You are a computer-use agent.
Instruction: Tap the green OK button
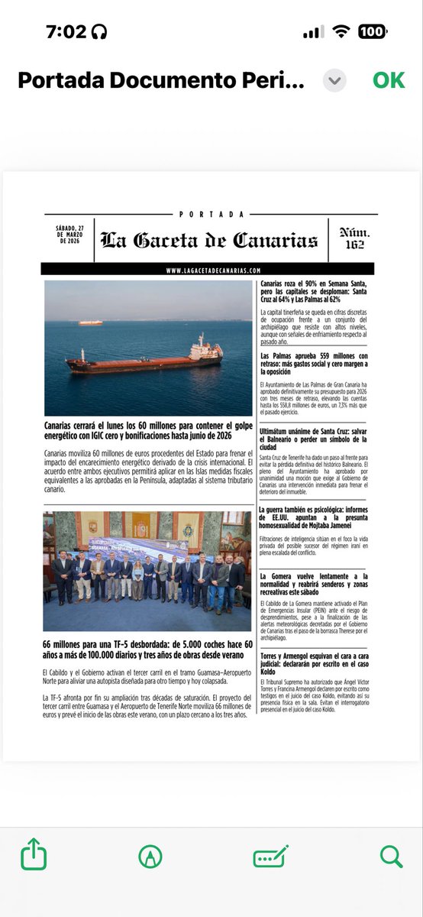click(389, 80)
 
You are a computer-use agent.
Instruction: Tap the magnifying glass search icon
click(391, 855)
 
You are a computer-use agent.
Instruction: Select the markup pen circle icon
click(150, 856)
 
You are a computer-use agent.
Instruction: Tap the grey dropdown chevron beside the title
click(334, 80)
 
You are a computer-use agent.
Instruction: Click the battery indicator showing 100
click(372, 31)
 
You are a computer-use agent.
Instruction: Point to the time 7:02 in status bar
click(66, 31)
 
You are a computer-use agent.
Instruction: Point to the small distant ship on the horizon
click(90, 322)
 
